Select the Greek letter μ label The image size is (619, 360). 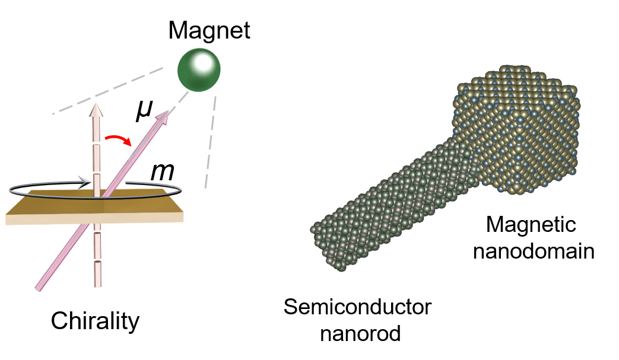click(143, 111)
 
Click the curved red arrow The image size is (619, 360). click(118, 141)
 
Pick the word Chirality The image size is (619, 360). click(95, 321)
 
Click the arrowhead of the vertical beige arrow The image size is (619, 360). click(95, 110)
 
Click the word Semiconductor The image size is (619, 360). click(357, 307)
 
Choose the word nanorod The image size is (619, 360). click(360, 333)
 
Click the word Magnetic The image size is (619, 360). click(531, 225)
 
